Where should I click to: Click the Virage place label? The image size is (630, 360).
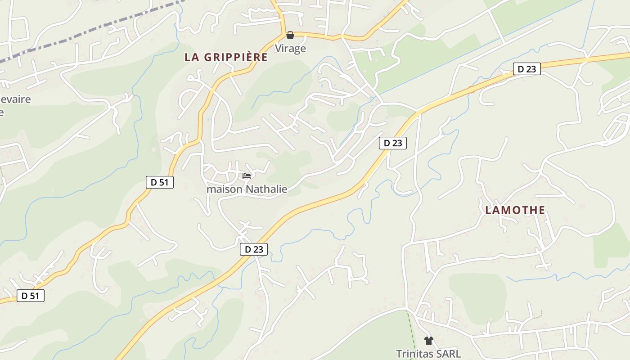coord(290,49)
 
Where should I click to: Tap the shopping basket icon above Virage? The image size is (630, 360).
coord(290,35)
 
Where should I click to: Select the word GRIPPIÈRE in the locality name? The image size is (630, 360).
coord(236,58)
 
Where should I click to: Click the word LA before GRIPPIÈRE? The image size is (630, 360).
coord(192,58)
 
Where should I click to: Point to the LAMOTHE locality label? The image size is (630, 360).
coord(515,210)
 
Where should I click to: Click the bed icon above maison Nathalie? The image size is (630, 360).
coord(246,176)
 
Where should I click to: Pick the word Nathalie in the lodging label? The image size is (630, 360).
coord(267,189)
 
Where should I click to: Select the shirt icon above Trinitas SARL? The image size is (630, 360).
coord(428,341)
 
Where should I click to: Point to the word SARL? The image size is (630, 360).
coord(450,354)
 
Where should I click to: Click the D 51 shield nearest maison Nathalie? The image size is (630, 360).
coord(160,182)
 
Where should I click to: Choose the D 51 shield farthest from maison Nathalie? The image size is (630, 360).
coord(31,296)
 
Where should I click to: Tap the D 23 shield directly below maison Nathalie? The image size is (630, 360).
coord(254,249)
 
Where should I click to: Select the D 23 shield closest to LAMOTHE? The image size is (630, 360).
coord(393,143)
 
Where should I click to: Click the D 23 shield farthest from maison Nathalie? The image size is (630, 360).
coord(526,69)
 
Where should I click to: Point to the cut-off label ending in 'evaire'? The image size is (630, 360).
coord(16,99)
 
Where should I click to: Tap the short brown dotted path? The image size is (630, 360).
coord(538,314)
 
